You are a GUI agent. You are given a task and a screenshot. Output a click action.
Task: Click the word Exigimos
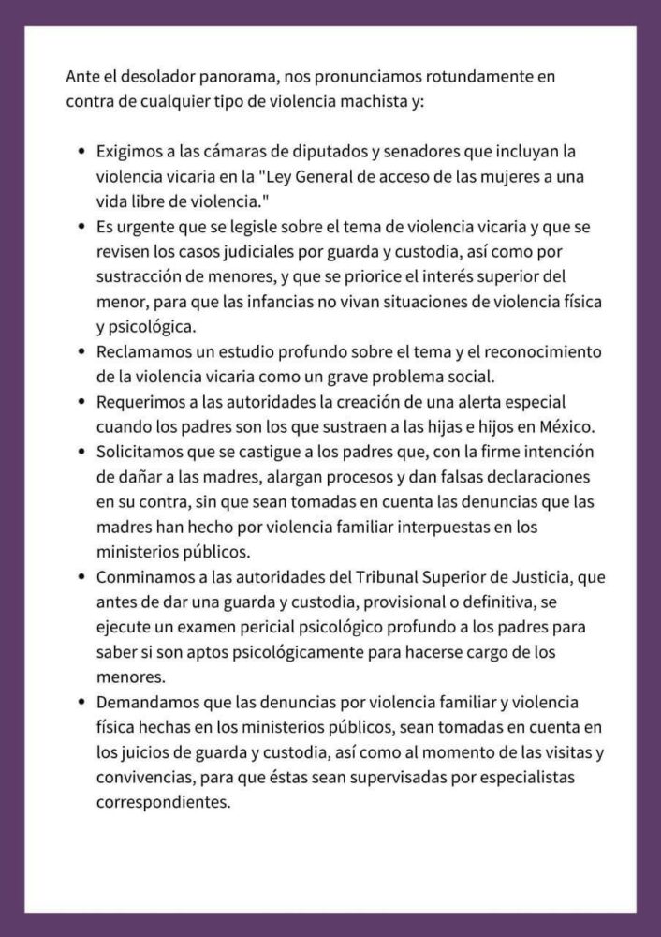(128, 150)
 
